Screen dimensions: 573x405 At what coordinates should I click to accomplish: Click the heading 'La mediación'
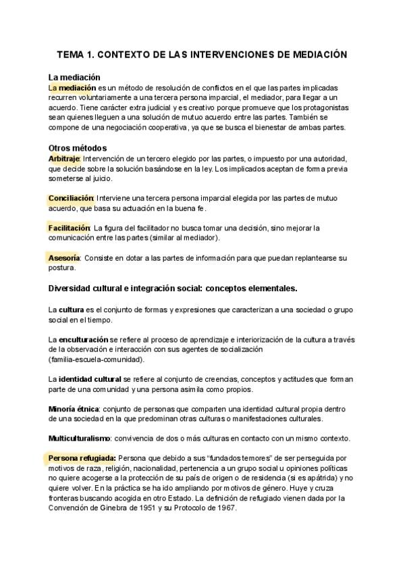click(75, 77)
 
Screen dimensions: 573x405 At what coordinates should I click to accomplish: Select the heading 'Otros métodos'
click(78, 147)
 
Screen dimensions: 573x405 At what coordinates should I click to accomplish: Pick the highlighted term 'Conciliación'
click(70, 198)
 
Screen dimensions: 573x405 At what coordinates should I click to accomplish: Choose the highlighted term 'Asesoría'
click(64, 258)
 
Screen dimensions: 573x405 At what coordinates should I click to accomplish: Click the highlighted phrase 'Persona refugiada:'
click(82, 457)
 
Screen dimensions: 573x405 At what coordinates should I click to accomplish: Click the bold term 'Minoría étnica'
click(74, 409)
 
